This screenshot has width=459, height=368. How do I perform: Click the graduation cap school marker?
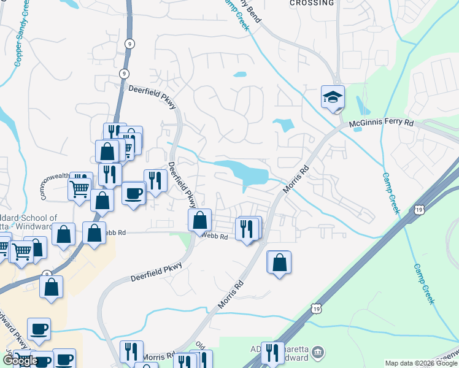click(333, 97)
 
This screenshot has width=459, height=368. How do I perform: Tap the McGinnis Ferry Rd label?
click(382, 124)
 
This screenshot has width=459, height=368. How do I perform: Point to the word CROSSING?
click(312, 3)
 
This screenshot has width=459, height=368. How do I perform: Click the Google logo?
click(20, 361)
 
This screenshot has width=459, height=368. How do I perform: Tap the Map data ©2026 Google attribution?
click(420, 363)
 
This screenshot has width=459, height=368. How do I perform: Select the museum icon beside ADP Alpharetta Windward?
click(317, 353)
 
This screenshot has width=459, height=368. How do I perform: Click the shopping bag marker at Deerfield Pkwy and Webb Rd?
click(199, 220)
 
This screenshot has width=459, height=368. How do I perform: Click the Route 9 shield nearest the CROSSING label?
click(128, 43)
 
